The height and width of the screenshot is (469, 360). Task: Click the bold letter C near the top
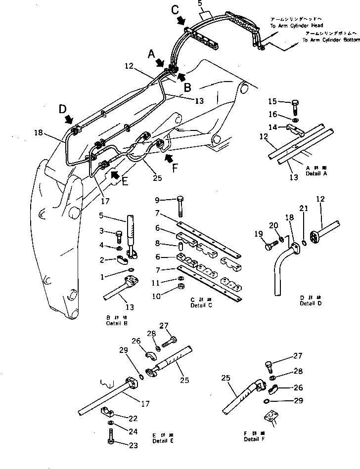tap(176, 10)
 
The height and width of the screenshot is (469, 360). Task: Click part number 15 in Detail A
tap(273, 102)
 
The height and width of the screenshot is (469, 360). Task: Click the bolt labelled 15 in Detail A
tap(295, 105)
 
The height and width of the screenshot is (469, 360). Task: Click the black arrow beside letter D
tap(70, 119)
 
